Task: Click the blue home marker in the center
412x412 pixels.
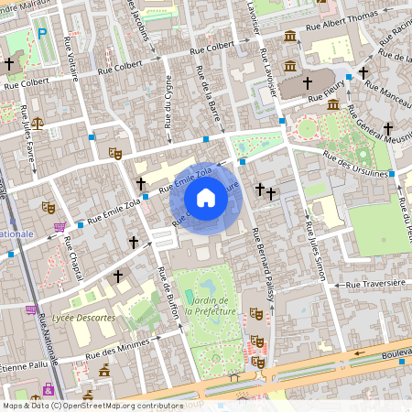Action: pos(206,198)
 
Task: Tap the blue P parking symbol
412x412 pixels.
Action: pos(41,34)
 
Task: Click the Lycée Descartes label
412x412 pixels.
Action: pos(83,318)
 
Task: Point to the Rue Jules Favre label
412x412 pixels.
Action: pos(28,127)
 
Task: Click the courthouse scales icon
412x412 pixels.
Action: pos(37,122)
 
